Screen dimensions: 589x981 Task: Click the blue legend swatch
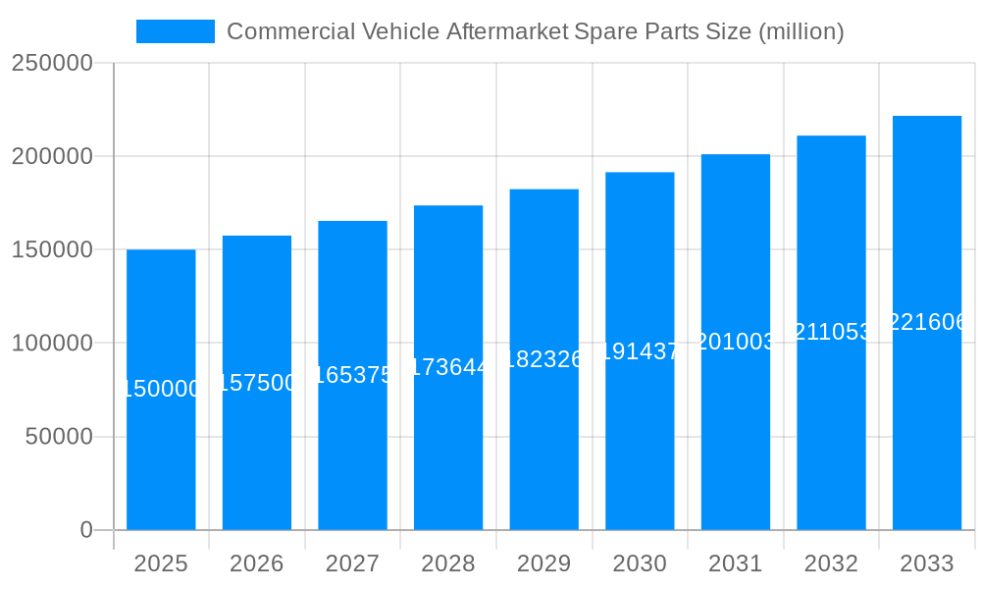coord(175,31)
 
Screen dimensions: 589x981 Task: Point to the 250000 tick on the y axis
coord(52,63)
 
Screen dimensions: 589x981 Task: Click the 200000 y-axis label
coord(52,156)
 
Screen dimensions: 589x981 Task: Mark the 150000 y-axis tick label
coord(52,250)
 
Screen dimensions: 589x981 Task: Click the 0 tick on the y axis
coord(86,530)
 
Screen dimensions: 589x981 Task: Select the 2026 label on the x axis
coord(257,563)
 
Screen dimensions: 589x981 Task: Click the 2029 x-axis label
coord(544,563)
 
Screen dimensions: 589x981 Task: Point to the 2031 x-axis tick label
coord(736,563)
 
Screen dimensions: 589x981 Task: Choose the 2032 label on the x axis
coord(831,563)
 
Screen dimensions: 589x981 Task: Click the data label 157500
coord(257,383)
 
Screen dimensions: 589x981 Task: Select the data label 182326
coord(544,359)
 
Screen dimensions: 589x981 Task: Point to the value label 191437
coord(640,351)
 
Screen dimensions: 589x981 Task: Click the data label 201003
coord(736,342)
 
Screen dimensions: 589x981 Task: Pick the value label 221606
coord(927,322)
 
